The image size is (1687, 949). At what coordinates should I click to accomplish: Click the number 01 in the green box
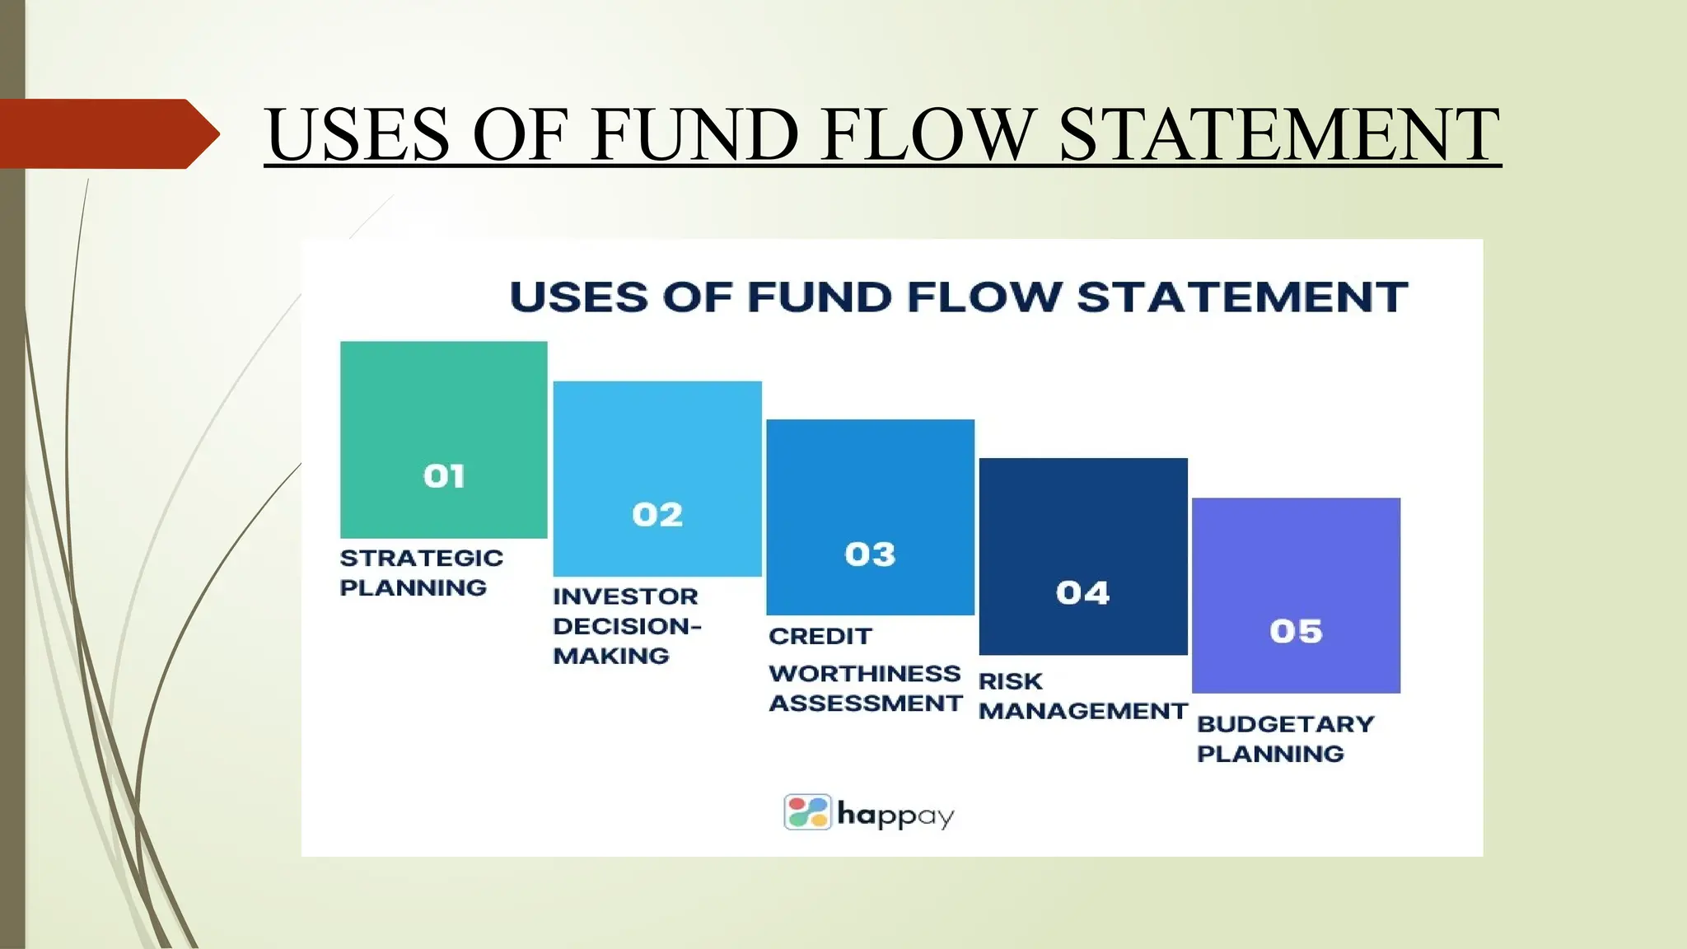coord(444,476)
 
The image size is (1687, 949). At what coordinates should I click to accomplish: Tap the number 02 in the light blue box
coord(657,515)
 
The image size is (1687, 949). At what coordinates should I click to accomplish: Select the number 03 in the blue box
coord(870,554)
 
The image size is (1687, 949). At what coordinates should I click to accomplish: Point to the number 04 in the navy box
coord(1082,592)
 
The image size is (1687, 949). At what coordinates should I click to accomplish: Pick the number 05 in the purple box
coord(1296,631)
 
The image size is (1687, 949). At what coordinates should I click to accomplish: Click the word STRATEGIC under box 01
coord(421,558)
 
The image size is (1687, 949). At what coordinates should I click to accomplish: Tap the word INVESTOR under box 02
coord(625,596)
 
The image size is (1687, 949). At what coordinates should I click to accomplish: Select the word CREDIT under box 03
coord(820,636)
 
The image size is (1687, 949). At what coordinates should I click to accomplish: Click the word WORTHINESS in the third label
coord(864,673)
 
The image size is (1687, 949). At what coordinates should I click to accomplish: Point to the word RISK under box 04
coord(1010,681)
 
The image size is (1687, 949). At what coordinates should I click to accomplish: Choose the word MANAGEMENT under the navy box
coord(1082,710)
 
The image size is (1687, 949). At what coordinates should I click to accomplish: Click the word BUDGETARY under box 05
coord(1285,723)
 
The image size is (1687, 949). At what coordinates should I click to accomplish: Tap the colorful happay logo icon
coord(807,812)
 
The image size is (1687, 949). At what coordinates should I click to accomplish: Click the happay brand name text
coord(895,815)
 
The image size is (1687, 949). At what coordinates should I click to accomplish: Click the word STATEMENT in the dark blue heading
coord(1241,297)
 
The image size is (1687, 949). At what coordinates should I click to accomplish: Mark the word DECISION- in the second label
coord(627,625)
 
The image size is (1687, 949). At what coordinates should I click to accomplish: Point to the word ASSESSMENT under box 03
coord(865,703)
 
